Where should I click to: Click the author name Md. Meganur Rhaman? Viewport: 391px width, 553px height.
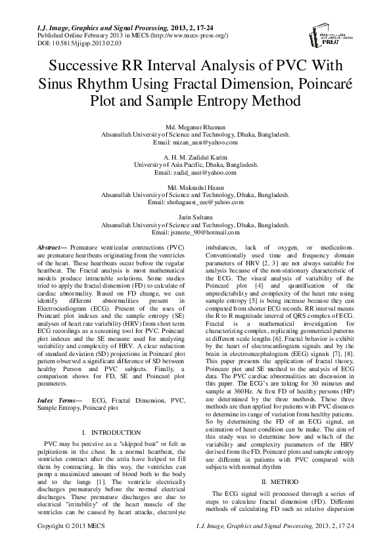coord(195,125)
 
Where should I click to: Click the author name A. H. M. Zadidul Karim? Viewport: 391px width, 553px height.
coord(195,157)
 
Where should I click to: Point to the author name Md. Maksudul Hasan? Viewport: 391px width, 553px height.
coord(195,188)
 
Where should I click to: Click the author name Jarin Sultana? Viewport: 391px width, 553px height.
coord(195,219)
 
